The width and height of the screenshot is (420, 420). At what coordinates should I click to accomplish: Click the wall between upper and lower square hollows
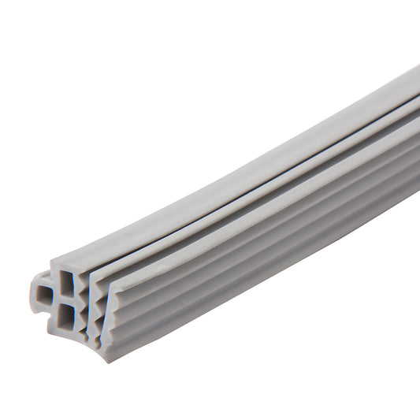[x=66, y=300]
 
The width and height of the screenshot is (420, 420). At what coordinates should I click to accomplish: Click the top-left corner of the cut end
[x=52, y=262]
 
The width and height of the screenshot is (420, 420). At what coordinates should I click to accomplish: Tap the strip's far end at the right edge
[x=414, y=118]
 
